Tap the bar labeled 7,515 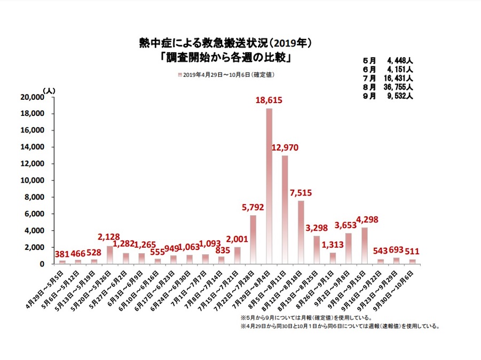coord(301,232)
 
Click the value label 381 coord(62,254)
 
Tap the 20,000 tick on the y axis coord(31,97)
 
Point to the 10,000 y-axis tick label coord(31,181)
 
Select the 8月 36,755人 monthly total coord(387,87)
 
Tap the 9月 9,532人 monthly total coord(387,96)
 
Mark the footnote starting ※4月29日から coord(340,325)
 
